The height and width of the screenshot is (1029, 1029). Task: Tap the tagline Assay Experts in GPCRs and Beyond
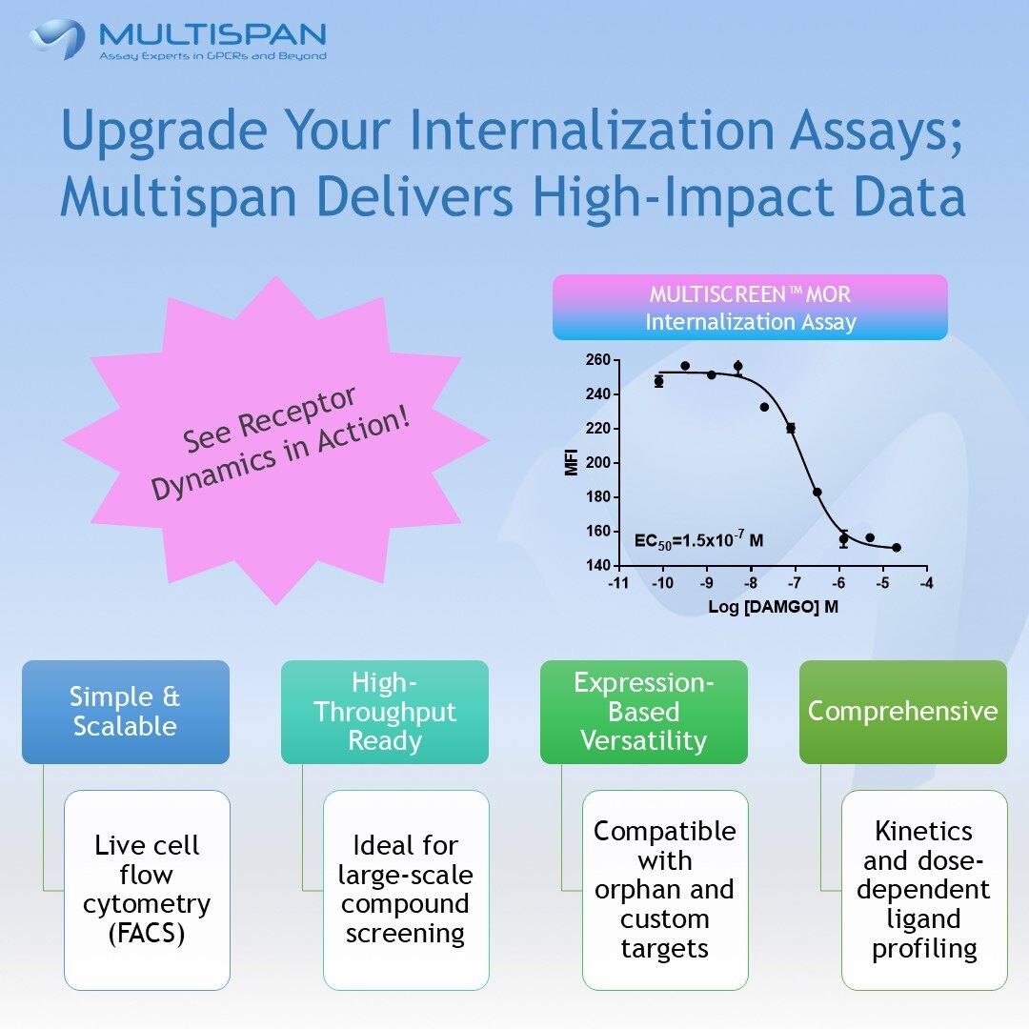(x=212, y=56)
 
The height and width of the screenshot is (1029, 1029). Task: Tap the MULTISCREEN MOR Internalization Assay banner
(x=750, y=308)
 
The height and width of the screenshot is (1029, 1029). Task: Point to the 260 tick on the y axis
(x=598, y=360)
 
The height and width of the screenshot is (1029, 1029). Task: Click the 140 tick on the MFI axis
(x=598, y=566)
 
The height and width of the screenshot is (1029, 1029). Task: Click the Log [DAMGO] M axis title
(x=773, y=607)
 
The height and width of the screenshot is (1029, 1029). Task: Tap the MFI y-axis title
(x=572, y=463)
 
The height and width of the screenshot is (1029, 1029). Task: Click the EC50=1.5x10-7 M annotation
(x=698, y=541)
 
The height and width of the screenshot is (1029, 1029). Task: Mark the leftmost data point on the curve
(x=658, y=381)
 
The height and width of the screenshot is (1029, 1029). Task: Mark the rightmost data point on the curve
(x=897, y=548)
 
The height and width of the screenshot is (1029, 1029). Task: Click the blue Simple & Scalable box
(x=126, y=712)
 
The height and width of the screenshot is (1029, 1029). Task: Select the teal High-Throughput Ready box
(x=385, y=712)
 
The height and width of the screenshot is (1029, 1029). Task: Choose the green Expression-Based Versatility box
(x=644, y=712)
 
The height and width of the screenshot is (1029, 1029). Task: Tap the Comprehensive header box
(x=902, y=712)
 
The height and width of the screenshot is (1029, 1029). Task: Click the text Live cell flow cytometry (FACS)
(x=148, y=889)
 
